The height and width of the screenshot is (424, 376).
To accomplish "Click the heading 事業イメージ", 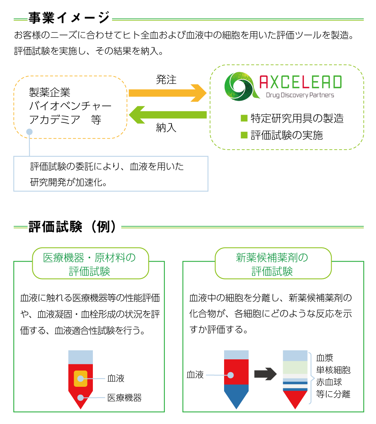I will click(70, 18).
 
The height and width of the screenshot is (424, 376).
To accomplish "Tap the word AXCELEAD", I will click(301, 82).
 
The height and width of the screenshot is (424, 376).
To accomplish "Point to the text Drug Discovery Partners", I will click(300, 95).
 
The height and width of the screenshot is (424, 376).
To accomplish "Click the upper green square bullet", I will click(244, 118).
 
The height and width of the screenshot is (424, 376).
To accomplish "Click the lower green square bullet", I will click(244, 135).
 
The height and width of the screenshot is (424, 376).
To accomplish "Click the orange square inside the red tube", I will click(80, 379).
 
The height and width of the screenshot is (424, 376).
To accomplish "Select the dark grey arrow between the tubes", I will click(265, 374).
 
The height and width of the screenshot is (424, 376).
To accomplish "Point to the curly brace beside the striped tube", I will click(312, 378).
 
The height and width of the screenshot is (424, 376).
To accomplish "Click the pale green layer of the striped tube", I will click(295, 367).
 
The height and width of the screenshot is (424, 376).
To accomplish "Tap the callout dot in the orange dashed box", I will click(29, 132).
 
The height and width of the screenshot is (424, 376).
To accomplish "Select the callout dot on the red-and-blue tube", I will click(230, 375).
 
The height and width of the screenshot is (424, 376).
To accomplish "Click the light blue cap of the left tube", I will click(80, 357).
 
